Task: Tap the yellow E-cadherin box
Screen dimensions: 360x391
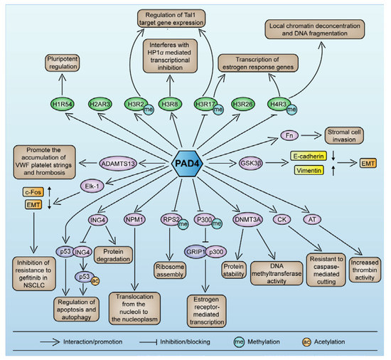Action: tap(311, 154)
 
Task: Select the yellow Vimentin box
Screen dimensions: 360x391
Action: tap(311, 169)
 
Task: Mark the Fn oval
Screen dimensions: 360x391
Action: tap(288, 133)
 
